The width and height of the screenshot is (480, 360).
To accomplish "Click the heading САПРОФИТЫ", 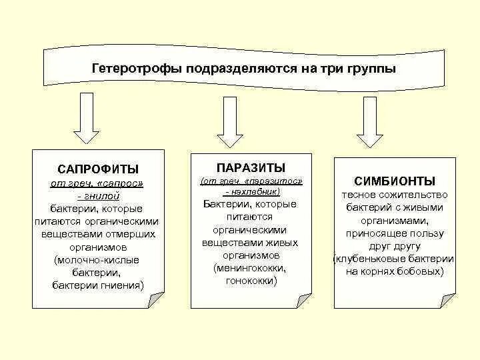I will coord(98,169).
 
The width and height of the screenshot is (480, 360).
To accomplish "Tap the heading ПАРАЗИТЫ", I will coord(251,167).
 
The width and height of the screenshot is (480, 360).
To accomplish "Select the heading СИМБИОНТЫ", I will coord(395,181).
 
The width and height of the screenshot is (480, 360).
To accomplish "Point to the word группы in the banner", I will coord(371,69).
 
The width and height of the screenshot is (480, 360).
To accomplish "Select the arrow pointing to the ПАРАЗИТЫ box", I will coord(229,121).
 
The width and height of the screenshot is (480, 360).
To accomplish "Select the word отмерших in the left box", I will coord(128,234).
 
